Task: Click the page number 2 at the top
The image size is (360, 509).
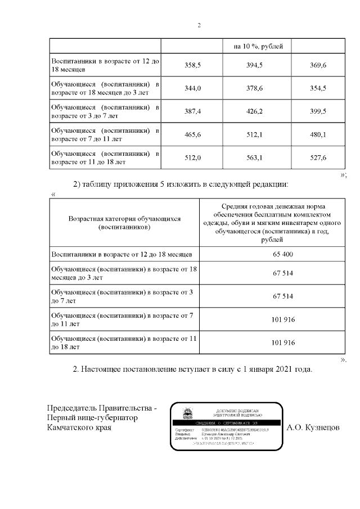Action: (x=199, y=25)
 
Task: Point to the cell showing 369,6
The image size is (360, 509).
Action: (x=318, y=66)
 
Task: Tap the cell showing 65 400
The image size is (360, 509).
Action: (x=272, y=254)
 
